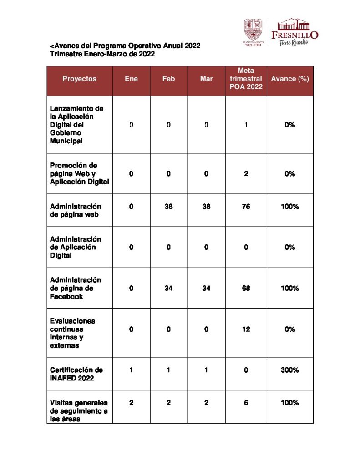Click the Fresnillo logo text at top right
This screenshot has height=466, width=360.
pyautogui.click(x=294, y=35)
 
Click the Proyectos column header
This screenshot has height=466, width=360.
pyautogui.click(x=80, y=79)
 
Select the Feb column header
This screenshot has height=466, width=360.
pyautogui.click(x=168, y=79)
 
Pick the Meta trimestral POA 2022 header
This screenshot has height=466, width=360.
pyautogui.click(x=246, y=79)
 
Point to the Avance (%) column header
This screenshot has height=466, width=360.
pyautogui.click(x=290, y=79)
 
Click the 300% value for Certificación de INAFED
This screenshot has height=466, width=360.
pyautogui.click(x=290, y=370)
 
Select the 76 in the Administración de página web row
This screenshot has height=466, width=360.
pyautogui.click(x=246, y=207)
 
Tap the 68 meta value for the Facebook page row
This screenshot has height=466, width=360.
pyautogui.click(x=246, y=289)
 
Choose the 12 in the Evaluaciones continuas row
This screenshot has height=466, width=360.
pyautogui.click(x=246, y=329)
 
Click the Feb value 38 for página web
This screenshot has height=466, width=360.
pyautogui.click(x=168, y=207)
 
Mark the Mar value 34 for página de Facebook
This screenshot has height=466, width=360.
pyautogui.click(x=206, y=289)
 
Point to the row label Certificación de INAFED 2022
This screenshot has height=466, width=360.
pyautogui.click(x=76, y=374)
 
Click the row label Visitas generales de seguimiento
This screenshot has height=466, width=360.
pyautogui.click(x=78, y=411)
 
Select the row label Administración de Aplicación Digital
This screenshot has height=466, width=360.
pyautogui.click(x=76, y=247)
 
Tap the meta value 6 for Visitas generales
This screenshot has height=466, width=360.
pyautogui.click(x=246, y=403)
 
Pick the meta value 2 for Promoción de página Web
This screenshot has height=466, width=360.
pyautogui.click(x=246, y=174)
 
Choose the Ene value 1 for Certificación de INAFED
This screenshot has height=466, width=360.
pyautogui.click(x=131, y=370)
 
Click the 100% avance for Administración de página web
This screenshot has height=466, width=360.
pyautogui.click(x=290, y=207)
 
